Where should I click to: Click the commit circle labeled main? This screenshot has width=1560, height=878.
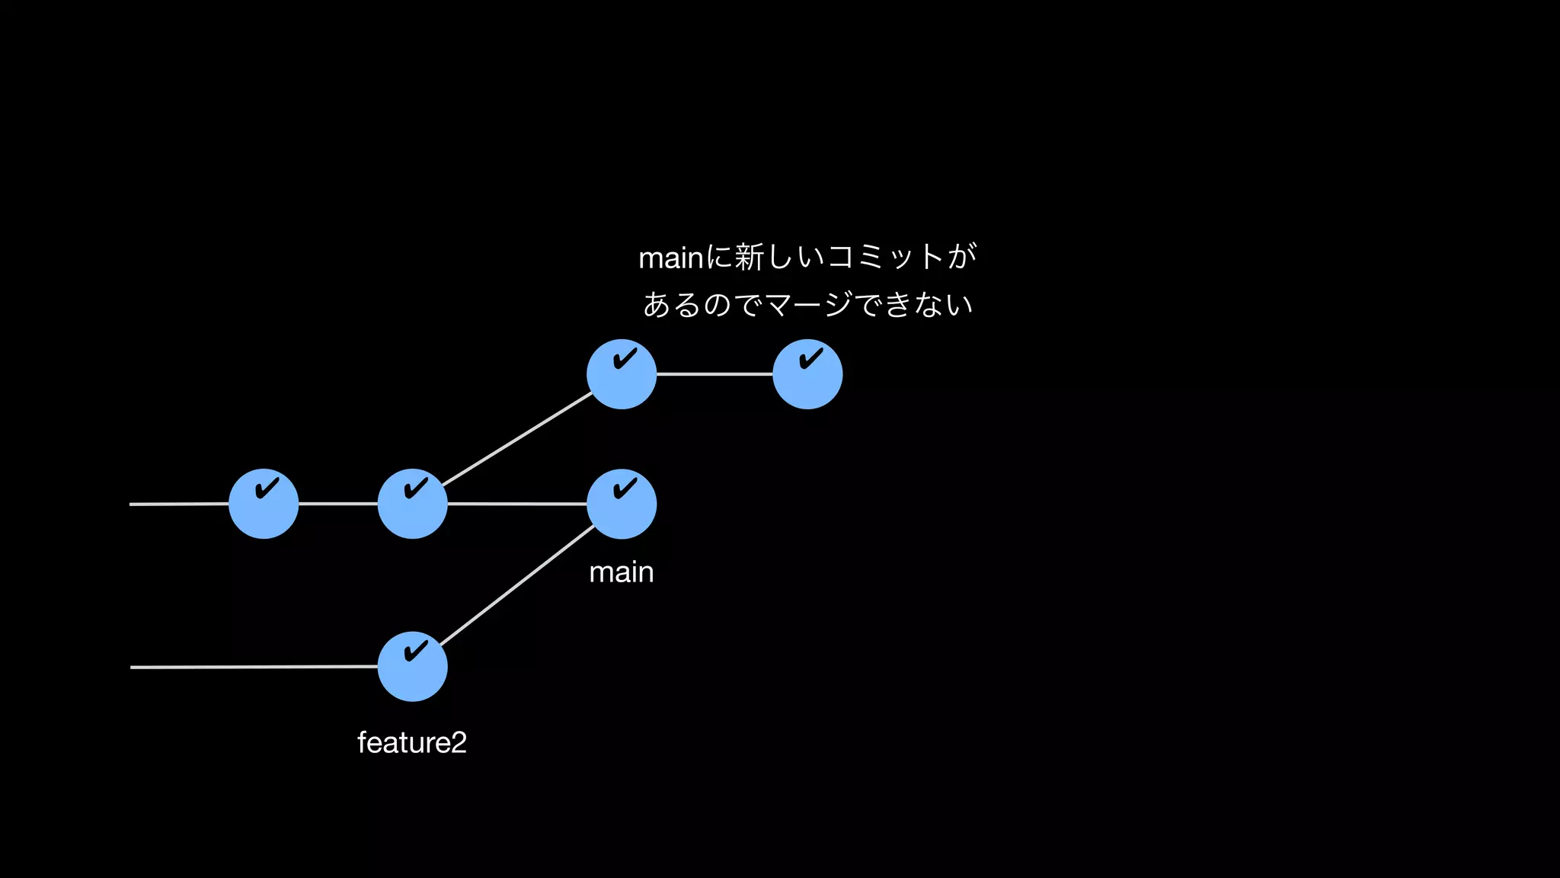(x=621, y=505)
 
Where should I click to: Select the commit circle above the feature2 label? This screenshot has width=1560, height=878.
(x=412, y=667)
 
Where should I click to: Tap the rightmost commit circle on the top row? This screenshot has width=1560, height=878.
(x=807, y=374)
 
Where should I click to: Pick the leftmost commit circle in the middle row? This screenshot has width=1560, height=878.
(x=264, y=504)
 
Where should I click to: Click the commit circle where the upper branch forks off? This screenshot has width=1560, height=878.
(x=412, y=504)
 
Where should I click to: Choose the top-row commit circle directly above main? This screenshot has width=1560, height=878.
(x=621, y=374)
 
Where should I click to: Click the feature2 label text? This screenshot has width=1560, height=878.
(x=412, y=742)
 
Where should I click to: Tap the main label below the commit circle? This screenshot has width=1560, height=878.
(x=621, y=572)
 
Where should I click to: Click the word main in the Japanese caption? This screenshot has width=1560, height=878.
(x=670, y=258)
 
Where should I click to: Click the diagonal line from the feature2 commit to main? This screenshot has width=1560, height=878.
(x=517, y=585)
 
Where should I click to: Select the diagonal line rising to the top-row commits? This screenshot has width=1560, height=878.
(x=517, y=439)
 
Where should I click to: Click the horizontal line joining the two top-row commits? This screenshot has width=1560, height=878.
(x=714, y=374)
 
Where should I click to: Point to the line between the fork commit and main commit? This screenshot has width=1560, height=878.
(x=517, y=504)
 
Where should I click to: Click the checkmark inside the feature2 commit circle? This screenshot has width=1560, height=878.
(x=416, y=652)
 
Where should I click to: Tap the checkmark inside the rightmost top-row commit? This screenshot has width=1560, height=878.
(x=811, y=358)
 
